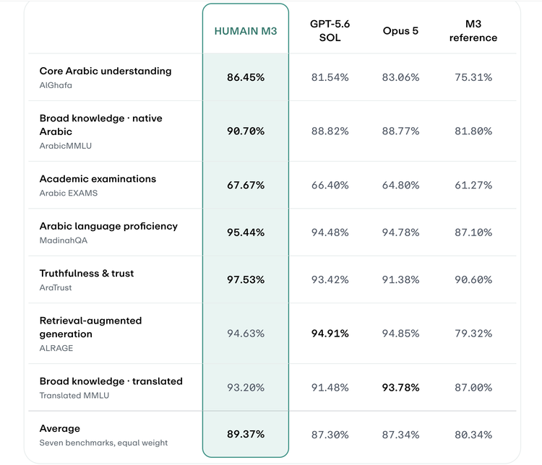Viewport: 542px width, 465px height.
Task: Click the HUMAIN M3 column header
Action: coord(246,31)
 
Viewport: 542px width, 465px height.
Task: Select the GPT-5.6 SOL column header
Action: coord(330,30)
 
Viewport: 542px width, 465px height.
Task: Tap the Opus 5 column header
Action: coord(400,31)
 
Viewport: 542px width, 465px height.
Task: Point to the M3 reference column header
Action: coord(473,30)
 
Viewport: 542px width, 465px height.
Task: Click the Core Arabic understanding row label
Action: coord(106,71)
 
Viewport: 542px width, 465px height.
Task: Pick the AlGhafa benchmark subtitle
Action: coord(56,85)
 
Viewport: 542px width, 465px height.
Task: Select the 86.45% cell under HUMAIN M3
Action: coord(246,77)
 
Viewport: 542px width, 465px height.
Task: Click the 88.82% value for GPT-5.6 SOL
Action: coord(330,131)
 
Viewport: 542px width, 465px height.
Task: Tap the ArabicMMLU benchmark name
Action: coord(65,146)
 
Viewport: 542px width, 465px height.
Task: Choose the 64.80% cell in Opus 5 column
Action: coord(400,185)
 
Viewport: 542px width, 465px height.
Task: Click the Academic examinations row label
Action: coord(98,178)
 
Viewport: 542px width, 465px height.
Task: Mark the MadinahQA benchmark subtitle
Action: coord(64,240)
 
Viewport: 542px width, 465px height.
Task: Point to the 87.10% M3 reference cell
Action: coord(473,232)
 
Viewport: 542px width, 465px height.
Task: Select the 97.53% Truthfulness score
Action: coord(246,279)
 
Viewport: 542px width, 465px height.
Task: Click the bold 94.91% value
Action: coord(330,334)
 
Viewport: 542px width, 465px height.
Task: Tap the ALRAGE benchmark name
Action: coord(56,348)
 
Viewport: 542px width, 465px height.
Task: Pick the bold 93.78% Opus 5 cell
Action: coord(400,387)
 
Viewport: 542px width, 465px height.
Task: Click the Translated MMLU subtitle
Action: coord(74,396)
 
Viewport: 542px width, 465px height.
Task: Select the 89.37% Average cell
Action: coord(246,434)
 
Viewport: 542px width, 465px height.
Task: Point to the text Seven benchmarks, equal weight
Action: coord(103,443)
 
